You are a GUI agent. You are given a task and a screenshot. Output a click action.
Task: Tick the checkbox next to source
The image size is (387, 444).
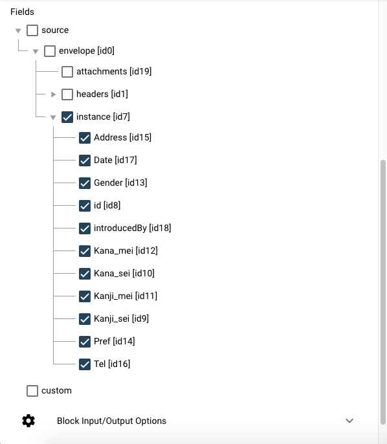point(32,30)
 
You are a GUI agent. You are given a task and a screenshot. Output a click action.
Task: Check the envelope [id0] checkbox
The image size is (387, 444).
point(50,51)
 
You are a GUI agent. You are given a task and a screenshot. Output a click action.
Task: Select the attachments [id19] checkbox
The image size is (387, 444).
point(67,72)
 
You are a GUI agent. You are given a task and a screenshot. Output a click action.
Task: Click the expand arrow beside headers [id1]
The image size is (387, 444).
point(53,94)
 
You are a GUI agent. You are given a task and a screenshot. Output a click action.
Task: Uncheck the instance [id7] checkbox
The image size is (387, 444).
point(67,117)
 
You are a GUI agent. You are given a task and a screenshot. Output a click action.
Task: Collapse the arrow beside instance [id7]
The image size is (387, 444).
point(53,117)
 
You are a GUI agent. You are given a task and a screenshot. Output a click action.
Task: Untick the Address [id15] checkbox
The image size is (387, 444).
point(85,138)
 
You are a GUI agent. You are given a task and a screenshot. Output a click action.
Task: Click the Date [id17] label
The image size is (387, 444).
point(115,160)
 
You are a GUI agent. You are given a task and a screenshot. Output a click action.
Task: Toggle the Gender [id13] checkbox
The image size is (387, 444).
point(85,183)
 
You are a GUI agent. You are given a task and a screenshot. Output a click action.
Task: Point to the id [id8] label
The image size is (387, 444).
point(107,205)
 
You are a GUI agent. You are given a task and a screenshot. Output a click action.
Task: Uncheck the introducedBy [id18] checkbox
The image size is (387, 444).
point(85,228)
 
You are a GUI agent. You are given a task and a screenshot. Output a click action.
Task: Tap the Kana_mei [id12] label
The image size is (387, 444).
point(126,250)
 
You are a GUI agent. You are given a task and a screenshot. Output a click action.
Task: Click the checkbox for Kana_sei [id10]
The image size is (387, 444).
point(85,274)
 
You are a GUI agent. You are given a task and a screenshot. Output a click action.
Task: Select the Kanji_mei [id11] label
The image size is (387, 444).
point(126,296)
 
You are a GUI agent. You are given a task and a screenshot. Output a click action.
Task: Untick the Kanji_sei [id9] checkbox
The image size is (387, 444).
point(85,319)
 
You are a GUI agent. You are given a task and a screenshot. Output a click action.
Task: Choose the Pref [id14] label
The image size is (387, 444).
point(115,341)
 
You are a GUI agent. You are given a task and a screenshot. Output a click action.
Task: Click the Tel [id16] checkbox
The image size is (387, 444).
point(85,364)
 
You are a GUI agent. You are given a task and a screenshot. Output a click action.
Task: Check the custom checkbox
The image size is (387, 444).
point(32,391)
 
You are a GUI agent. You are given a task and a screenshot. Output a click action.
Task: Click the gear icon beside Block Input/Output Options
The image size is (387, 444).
point(28,421)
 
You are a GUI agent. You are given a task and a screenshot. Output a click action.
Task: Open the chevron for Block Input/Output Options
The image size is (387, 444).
point(349,421)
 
